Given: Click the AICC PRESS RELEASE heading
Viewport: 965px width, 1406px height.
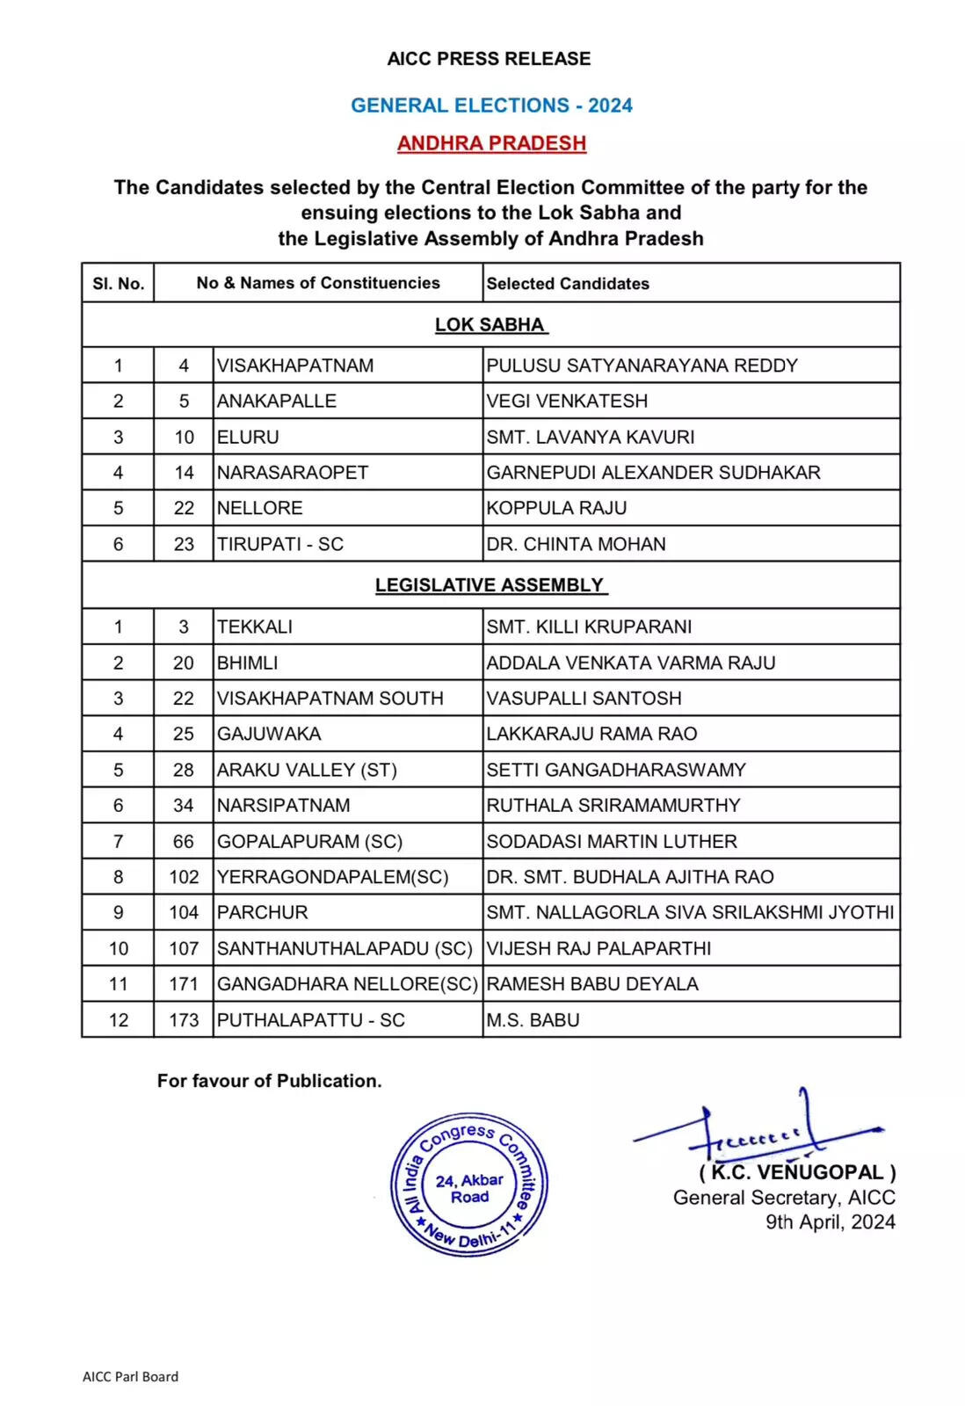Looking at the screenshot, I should [489, 59].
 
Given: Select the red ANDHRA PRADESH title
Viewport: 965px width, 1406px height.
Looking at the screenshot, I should [491, 143].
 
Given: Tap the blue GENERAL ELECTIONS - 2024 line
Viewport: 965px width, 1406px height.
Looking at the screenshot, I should [491, 105].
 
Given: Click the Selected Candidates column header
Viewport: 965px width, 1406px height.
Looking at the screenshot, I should [568, 284].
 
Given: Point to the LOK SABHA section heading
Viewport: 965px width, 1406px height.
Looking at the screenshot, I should [490, 325].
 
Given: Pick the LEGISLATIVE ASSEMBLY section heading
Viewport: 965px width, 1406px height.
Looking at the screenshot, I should [490, 585].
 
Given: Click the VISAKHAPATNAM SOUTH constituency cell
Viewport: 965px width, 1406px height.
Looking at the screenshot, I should [330, 699].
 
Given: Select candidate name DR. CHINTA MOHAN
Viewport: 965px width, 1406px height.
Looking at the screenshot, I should [576, 544].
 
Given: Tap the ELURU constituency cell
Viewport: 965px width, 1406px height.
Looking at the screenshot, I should [248, 437].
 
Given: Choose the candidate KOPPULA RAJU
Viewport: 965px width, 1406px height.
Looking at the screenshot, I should [556, 508].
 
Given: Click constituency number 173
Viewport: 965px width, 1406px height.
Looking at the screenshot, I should [184, 1020].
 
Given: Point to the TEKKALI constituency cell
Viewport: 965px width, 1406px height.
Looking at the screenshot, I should [255, 627].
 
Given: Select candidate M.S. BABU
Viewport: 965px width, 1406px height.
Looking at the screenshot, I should [533, 1020].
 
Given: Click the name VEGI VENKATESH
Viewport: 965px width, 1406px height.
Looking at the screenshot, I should [567, 401].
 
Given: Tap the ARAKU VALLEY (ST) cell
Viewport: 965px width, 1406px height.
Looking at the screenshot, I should [307, 770].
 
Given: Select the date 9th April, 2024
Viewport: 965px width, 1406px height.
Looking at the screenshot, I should [830, 1222].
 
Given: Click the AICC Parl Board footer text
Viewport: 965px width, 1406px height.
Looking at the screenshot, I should [130, 1377].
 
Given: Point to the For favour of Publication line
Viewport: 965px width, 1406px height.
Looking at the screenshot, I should [269, 1081].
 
